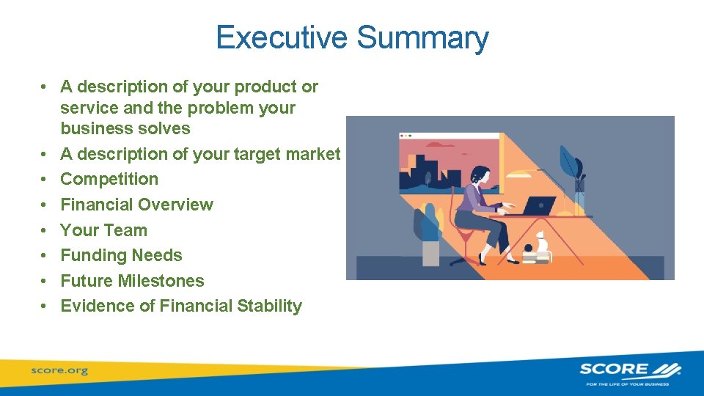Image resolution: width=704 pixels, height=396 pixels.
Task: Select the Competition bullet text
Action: [x=109, y=179]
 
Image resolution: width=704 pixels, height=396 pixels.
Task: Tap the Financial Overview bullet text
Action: [x=136, y=205]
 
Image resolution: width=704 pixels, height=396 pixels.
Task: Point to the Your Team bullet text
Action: [x=103, y=230]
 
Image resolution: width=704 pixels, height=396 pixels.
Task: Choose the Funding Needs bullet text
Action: [x=121, y=255]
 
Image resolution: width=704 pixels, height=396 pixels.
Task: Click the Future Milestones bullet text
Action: [x=132, y=281]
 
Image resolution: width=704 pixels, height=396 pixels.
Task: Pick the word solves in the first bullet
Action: [x=166, y=128]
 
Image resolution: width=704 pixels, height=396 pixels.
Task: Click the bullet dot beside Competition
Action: [x=45, y=179]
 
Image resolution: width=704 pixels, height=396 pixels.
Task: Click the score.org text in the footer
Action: [x=59, y=370]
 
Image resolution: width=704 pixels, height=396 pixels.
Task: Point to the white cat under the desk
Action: [x=541, y=242]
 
